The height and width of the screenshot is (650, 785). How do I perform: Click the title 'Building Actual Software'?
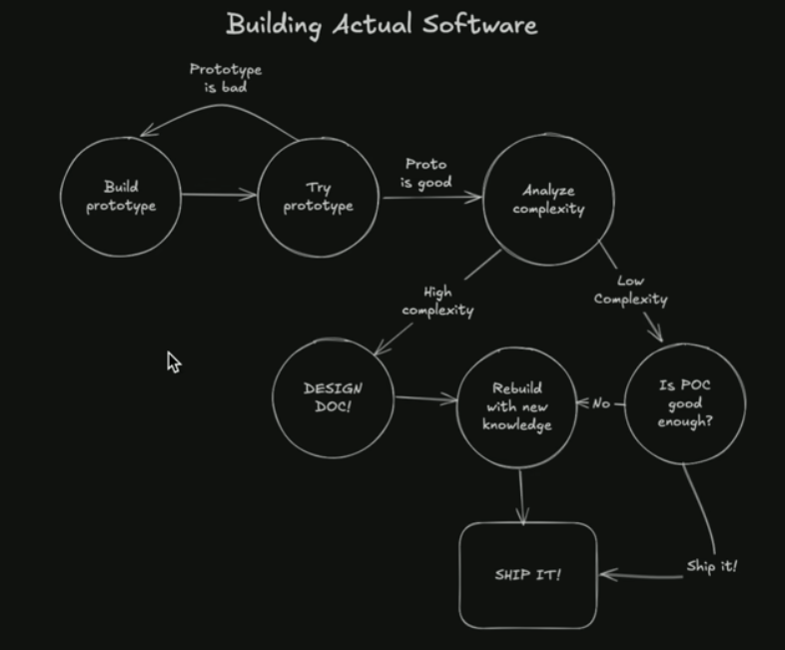coord(382,24)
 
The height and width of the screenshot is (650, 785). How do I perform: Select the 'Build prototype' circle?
coord(121,196)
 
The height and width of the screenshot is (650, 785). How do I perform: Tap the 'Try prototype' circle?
coord(319,197)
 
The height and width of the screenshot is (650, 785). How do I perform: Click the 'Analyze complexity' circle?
coord(548,200)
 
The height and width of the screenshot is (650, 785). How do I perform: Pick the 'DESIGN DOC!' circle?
coord(333,397)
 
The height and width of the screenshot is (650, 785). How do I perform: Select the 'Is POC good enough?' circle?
coord(685,403)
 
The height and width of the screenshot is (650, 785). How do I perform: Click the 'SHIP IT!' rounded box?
coord(528,575)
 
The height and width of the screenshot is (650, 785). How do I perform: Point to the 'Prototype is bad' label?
coord(226,78)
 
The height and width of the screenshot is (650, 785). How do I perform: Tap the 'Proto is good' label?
coord(426,173)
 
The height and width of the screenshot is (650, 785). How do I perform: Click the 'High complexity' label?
coord(437,301)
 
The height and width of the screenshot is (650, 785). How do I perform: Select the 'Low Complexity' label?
coord(631,290)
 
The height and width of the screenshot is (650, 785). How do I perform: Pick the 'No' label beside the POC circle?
coord(601,403)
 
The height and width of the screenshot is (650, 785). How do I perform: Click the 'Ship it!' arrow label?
coord(711,567)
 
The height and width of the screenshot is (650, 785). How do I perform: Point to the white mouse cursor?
coord(174,361)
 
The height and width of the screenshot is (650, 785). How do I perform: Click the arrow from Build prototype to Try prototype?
coord(219,195)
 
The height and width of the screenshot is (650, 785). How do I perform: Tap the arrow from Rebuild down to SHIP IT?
coord(521,495)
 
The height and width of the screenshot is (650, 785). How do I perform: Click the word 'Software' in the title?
coord(479,24)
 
